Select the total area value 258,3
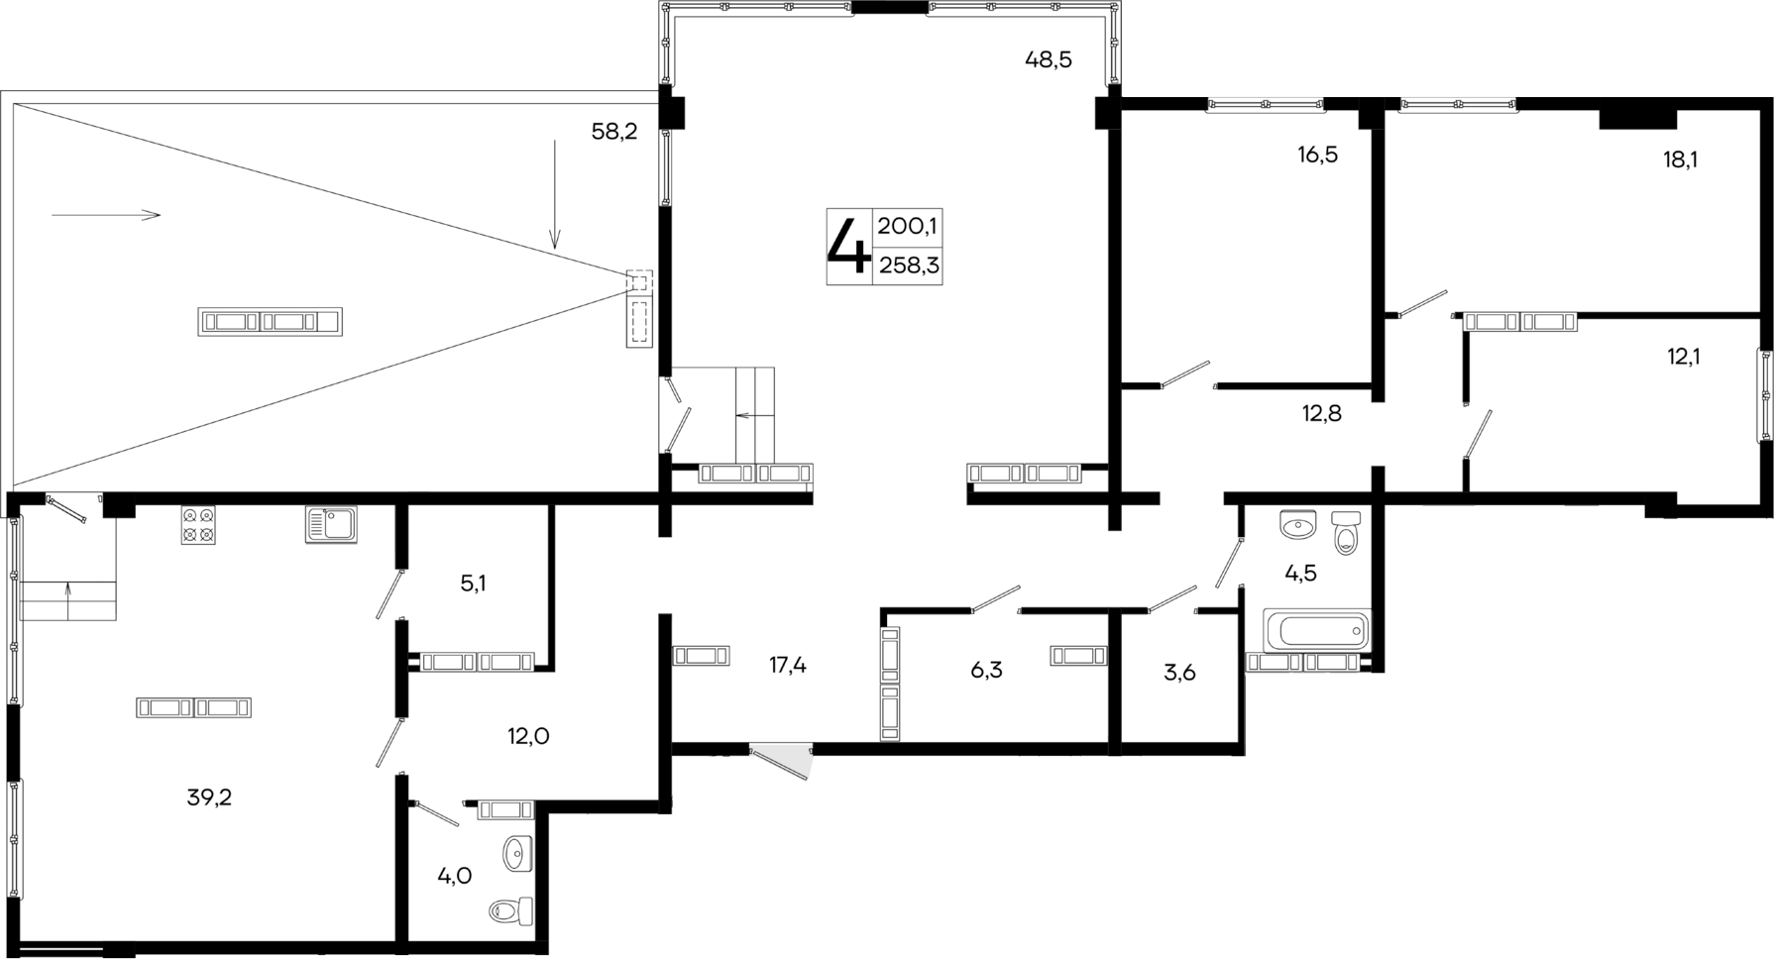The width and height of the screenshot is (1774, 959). pyautogui.click(x=908, y=266)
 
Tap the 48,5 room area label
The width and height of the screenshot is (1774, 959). pyautogui.click(x=1048, y=60)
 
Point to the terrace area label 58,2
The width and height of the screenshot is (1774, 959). pyautogui.click(x=614, y=132)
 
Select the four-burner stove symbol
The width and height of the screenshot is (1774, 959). pyautogui.click(x=198, y=525)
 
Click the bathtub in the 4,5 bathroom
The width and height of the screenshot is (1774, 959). pyautogui.click(x=1316, y=630)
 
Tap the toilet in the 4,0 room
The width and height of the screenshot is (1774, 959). pyautogui.click(x=512, y=910)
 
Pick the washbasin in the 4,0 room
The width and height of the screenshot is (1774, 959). pyautogui.click(x=517, y=851)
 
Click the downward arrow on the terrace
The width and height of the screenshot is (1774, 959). pyautogui.click(x=555, y=194)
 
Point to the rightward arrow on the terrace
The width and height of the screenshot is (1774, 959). pyautogui.click(x=105, y=215)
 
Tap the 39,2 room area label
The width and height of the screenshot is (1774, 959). pyautogui.click(x=209, y=798)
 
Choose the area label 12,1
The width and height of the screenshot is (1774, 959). pyautogui.click(x=1683, y=357)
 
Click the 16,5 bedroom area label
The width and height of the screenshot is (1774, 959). pyautogui.click(x=1317, y=155)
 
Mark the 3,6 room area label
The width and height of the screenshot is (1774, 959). pyautogui.click(x=1179, y=673)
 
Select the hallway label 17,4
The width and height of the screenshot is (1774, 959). pyautogui.click(x=788, y=666)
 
